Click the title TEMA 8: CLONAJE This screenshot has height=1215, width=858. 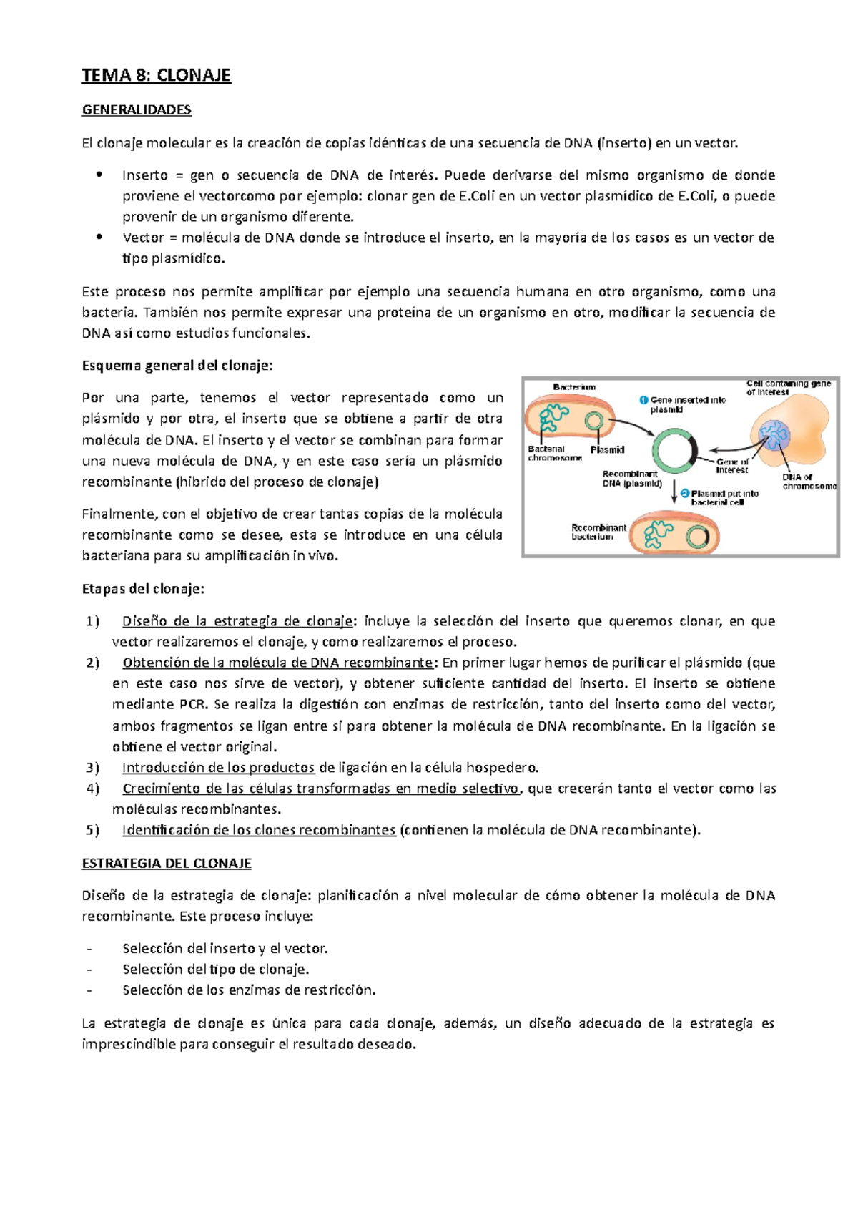(156, 75)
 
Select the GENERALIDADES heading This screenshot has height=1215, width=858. (137, 110)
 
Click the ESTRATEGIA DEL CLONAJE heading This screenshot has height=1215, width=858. (167, 863)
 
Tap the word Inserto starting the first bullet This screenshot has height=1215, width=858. (144, 175)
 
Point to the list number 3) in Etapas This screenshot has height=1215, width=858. (93, 768)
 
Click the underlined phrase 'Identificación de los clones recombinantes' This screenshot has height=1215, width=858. (259, 830)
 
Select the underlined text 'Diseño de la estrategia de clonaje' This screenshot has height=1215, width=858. (237, 621)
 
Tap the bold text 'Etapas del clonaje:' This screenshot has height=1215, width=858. (143, 589)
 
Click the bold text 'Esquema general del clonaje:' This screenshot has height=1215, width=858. (177, 366)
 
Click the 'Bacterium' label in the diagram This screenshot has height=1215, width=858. (574, 387)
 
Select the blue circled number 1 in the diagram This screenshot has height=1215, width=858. (643, 401)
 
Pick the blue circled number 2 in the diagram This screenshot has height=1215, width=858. (684, 494)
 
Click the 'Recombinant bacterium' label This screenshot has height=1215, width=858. (598, 532)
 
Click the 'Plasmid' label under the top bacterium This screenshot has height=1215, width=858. (607, 450)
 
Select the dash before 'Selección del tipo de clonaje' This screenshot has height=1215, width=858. (89, 970)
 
